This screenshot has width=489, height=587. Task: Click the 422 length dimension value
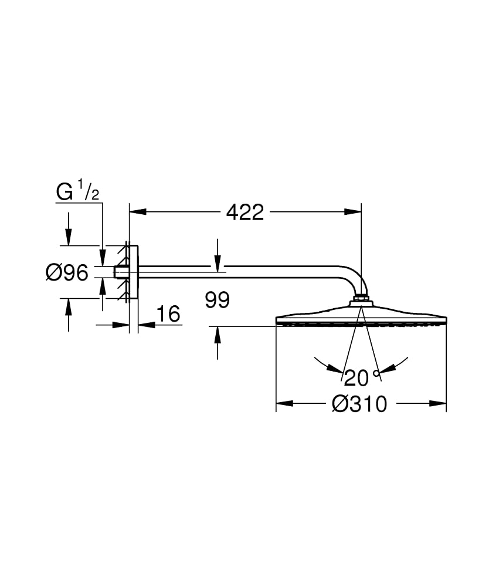click(245, 212)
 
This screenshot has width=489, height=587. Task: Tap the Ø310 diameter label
click(359, 404)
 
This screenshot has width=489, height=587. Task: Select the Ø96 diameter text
click(67, 272)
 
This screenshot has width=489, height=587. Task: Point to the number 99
click(218, 301)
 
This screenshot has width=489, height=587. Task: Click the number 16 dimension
click(169, 314)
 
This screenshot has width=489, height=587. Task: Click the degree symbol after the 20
click(376, 372)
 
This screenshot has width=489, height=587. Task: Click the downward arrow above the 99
click(218, 265)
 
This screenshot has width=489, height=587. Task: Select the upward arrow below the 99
click(218, 334)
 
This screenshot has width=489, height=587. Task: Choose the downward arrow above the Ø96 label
click(69, 238)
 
